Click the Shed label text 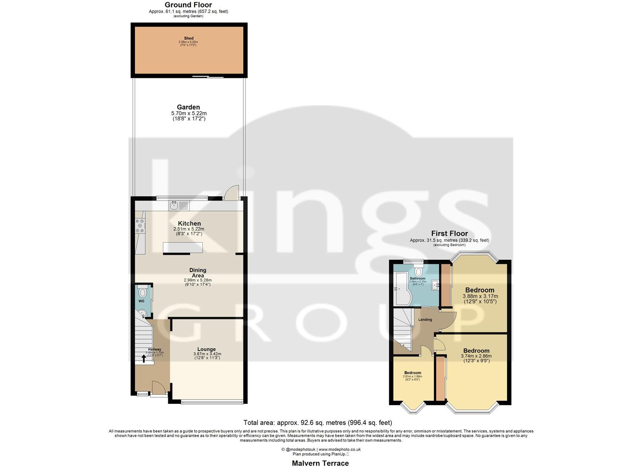click(x=188, y=38)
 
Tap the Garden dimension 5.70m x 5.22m click(x=188, y=113)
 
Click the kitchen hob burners click(x=140, y=226)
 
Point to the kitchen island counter click(x=182, y=248)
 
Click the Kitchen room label click(x=189, y=224)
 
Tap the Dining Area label click(x=198, y=273)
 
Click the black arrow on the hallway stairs click(x=144, y=358)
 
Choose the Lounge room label click(x=206, y=349)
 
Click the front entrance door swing click(x=158, y=387)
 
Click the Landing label click(x=425, y=320)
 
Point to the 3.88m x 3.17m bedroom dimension click(x=480, y=296)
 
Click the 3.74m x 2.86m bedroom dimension click(x=476, y=356)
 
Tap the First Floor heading click(x=449, y=233)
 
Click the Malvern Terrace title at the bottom click(x=320, y=463)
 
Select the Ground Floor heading click(x=188, y=5)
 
